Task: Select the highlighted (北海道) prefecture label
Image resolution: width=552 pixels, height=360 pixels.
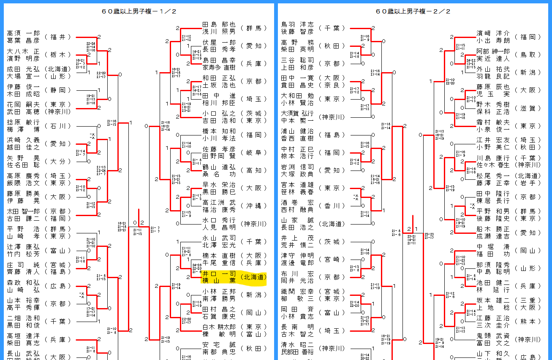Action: pos(254,277)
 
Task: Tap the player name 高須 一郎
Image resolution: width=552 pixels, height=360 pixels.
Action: pos(23,33)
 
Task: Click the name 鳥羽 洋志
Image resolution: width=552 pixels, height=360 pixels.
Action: pos(297,24)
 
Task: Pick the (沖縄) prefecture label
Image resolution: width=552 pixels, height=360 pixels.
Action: pos(254,206)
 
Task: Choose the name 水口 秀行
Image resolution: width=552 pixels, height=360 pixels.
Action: pos(219,220)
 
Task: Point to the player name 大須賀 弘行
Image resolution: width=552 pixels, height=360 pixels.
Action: pos(297,113)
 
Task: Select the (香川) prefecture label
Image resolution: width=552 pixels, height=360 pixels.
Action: pos(332,206)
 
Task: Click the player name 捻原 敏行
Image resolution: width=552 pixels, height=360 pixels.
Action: pos(23,122)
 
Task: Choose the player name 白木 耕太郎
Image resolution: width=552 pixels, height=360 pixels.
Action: pos(219,327)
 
